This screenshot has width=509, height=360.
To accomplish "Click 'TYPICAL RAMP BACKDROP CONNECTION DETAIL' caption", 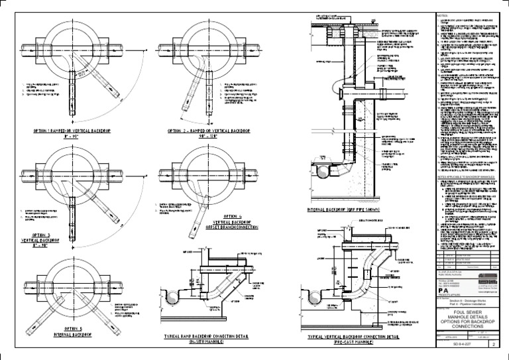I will [x=206, y=337].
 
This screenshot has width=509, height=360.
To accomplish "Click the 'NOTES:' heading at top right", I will [x=443, y=14].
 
